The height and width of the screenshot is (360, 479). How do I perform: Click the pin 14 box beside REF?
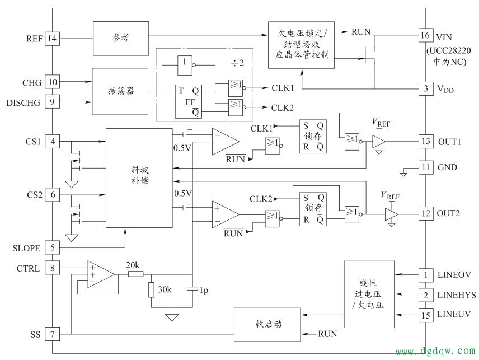52,39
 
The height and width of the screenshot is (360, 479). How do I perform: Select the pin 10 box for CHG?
52,83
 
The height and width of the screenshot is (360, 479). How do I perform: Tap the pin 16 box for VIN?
425,36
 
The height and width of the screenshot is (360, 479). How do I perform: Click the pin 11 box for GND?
425,167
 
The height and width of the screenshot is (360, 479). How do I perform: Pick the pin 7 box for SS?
52,334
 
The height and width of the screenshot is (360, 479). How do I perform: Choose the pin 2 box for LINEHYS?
425,295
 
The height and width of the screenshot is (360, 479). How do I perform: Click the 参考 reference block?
120,39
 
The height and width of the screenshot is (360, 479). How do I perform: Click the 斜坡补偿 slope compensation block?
139,177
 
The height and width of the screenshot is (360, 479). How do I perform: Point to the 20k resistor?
135,274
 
